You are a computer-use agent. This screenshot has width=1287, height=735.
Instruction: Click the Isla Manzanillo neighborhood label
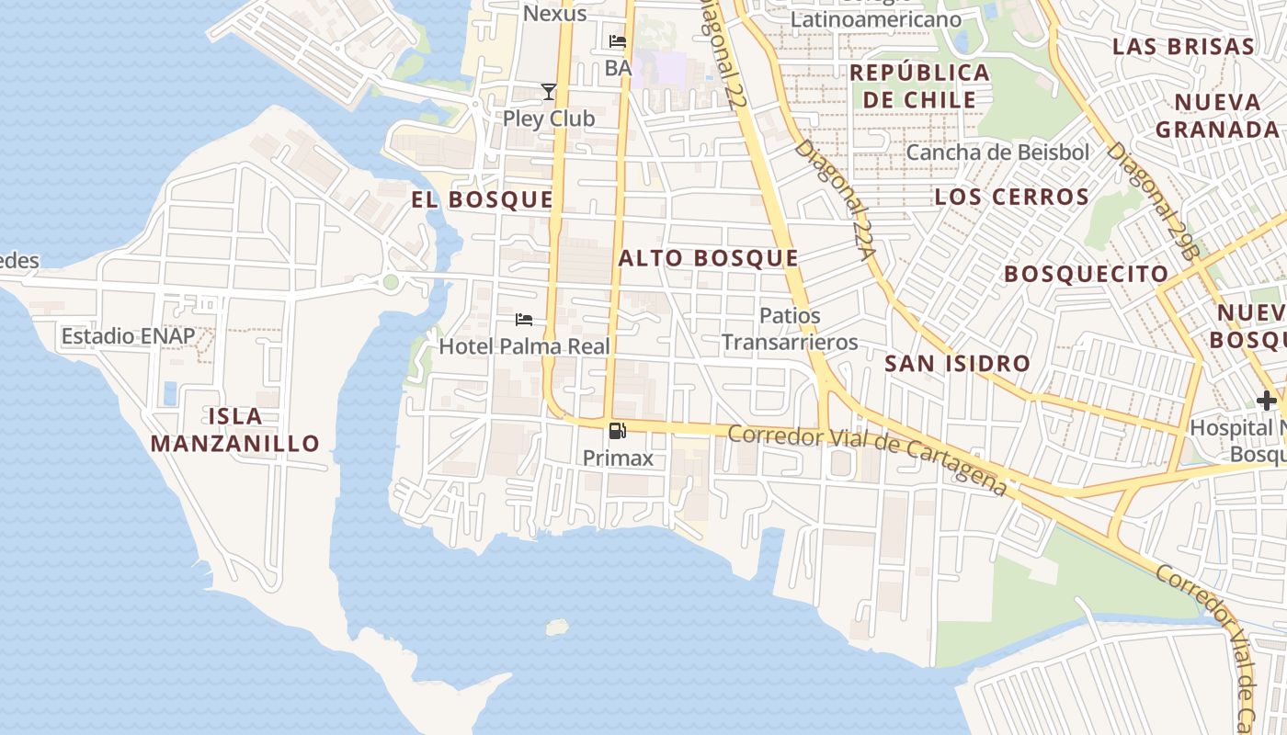point(234,430)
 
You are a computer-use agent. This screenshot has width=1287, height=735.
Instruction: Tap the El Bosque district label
point(482,200)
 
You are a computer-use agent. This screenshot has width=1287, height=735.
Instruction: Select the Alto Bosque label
point(708,258)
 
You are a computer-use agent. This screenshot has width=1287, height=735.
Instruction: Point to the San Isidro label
point(957,364)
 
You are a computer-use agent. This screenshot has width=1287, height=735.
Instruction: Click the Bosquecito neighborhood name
point(1086,274)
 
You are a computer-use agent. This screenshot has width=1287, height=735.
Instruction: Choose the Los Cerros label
point(1011,197)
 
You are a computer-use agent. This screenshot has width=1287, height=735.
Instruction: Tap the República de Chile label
point(919,85)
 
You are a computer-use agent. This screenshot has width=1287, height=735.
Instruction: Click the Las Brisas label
point(1183,47)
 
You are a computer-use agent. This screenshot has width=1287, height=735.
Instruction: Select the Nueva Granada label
point(1217,115)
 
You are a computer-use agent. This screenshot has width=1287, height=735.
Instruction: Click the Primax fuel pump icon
point(618,430)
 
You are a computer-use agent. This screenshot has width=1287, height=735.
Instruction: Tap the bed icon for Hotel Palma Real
point(524,320)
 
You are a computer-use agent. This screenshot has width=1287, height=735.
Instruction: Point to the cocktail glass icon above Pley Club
point(549,91)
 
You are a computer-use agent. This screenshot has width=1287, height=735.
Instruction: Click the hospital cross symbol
point(1267,401)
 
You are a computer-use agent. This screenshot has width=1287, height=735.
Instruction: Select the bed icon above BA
point(618,41)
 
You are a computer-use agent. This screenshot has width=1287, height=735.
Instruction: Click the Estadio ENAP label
point(128,336)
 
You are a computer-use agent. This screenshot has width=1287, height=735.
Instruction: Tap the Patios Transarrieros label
point(789,329)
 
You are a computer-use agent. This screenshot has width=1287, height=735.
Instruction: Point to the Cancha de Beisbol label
point(997,153)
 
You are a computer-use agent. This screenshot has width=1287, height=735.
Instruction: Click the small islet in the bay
point(557,628)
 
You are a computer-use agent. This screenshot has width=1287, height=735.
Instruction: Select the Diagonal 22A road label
point(833,198)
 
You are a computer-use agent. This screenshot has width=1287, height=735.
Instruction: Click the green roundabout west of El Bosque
point(391,282)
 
